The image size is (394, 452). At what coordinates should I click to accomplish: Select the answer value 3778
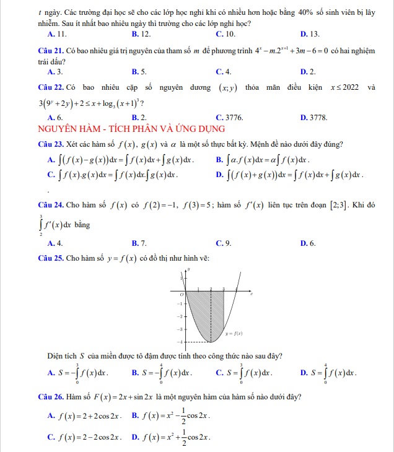tap(318, 117)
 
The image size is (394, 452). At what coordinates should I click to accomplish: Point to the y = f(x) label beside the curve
tap(234, 333)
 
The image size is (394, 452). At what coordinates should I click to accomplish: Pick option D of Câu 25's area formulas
tap(329, 373)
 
